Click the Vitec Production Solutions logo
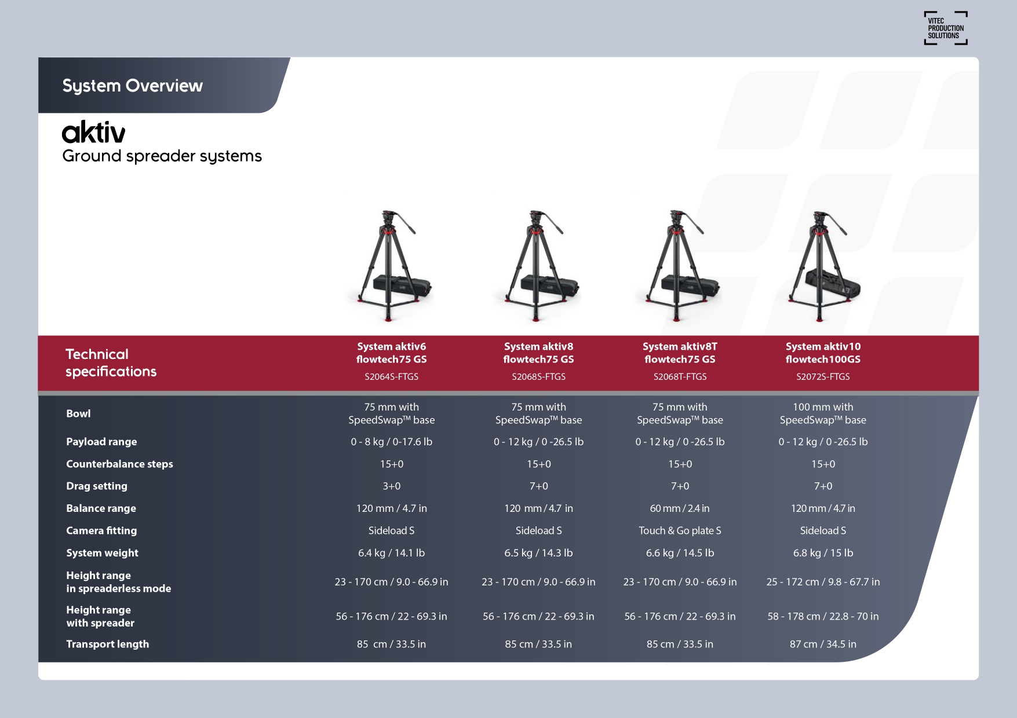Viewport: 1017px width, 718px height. (945, 28)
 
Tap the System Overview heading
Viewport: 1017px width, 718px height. (133, 86)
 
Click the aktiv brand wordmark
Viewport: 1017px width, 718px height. (93, 132)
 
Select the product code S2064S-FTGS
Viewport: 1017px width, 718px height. (391, 376)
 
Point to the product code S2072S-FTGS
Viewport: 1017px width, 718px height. (823, 376)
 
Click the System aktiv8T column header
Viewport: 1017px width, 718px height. (680, 353)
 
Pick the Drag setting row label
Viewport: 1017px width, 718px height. (97, 486)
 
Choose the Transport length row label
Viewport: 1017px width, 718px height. (107, 644)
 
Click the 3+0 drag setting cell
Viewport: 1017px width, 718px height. (392, 486)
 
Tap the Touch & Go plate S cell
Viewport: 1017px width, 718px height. (680, 530)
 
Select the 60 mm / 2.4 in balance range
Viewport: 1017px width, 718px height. (680, 508)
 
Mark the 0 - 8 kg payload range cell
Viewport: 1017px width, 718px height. (392, 442)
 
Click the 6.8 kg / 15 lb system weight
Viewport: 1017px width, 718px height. (823, 553)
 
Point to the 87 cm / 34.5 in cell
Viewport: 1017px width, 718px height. (823, 644)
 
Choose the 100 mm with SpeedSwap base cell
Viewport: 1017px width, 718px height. (823, 413)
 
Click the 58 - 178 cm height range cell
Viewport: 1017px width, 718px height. (823, 616)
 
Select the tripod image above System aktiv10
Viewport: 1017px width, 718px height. (822, 266)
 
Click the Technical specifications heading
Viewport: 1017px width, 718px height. (111, 363)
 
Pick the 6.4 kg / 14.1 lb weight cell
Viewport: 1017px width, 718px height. (392, 553)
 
